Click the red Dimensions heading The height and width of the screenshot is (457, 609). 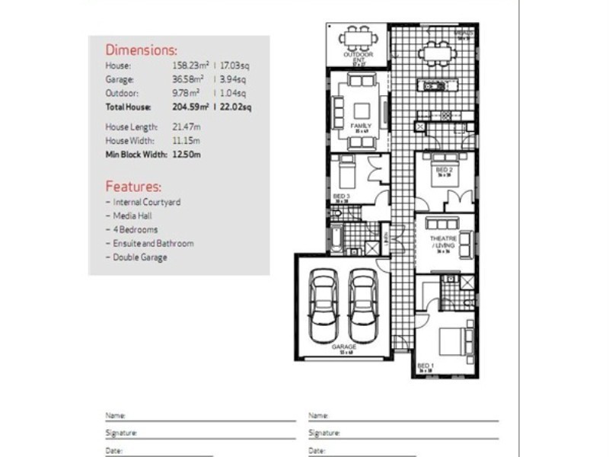tap(141, 51)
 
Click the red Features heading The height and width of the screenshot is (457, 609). tap(133, 186)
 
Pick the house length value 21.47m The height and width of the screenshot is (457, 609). tap(186, 127)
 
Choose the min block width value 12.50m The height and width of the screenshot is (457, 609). tap(186, 155)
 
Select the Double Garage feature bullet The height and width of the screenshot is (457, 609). tap(139, 257)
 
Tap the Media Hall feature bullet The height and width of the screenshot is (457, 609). tap(135, 216)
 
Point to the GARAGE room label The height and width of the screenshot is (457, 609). tap(343, 347)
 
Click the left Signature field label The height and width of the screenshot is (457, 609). tap(121, 433)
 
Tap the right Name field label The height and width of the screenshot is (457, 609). tap(317, 416)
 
